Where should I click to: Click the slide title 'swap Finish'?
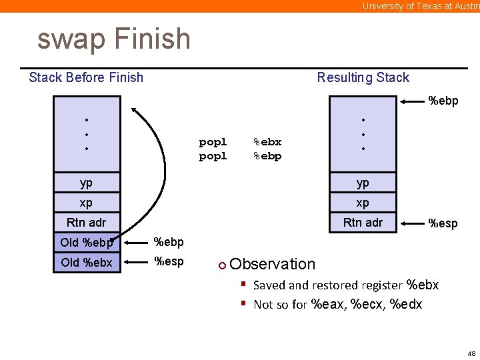click(x=114, y=39)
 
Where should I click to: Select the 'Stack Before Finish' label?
click(x=86, y=77)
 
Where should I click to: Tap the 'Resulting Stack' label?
click(x=363, y=77)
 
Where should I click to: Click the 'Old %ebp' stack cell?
click(x=87, y=242)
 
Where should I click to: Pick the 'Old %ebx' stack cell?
click(x=87, y=262)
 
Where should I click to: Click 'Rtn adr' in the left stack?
click(x=87, y=223)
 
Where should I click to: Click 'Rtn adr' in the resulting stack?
click(x=363, y=223)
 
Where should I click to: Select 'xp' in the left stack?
click(x=87, y=203)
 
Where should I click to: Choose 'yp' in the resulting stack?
click(x=363, y=183)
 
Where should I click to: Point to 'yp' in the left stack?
click(x=87, y=183)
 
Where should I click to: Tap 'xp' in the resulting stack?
click(x=363, y=203)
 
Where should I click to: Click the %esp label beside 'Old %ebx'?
click(x=169, y=261)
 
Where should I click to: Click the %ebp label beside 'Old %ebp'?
click(x=169, y=242)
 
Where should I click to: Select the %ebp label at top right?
click(x=443, y=101)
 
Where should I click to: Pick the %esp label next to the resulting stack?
click(x=443, y=223)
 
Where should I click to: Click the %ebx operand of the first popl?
click(x=267, y=142)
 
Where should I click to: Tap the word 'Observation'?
click(x=272, y=264)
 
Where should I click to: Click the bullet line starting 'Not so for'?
click(x=337, y=305)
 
